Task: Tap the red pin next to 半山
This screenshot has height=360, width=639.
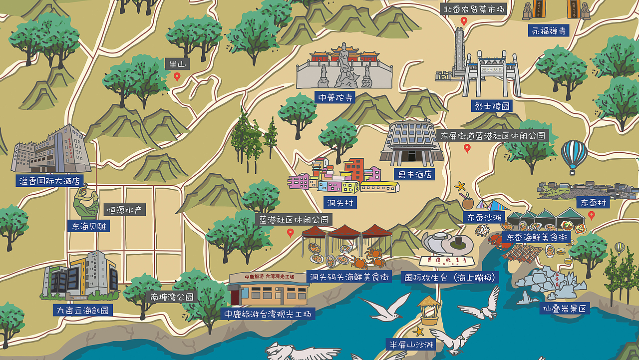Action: pyautogui.click(x=177, y=77)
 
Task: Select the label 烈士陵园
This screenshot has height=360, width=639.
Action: pyautogui.click(x=491, y=106)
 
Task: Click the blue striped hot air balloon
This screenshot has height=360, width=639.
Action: pyautogui.click(x=574, y=154)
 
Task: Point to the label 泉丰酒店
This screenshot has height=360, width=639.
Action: pyautogui.click(x=413, y=174)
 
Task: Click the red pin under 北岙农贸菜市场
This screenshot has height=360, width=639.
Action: pyautogui.click(x=464, y=21)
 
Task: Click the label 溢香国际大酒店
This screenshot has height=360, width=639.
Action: pyautogui.click(x=49, y=181)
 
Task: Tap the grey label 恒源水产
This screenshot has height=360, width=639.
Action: pyautogui.click(x=125, y=210)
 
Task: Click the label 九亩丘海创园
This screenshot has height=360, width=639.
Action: pyautogui.click(x=82, y=310)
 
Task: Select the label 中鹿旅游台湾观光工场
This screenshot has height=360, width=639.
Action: pyautogui.click(x=268, y=314)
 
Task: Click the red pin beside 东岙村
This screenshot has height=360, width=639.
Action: pyautogui.click(x=592, y=215)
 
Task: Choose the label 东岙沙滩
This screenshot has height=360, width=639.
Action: pyautogui.click(x=483, y=218)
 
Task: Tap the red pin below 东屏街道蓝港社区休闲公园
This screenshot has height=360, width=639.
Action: pyautogui.click(x=467, y=148)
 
